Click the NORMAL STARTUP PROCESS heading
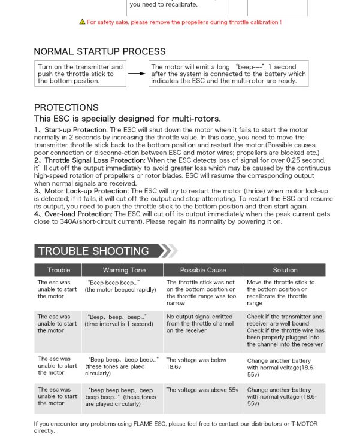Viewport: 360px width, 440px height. pyautogui.click(x=99, y=51)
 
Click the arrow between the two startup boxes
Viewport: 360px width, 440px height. pyautogui.click(x=137, y=74)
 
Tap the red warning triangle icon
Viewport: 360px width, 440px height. pyautogui.click(x=82, y=22)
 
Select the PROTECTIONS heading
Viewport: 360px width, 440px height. pyautogui.click(x=66, y=107)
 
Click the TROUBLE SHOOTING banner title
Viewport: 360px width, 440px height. pyautogui.click(x=93, y=251)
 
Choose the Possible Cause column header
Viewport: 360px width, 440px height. pyautogui.click(x=203, y=270)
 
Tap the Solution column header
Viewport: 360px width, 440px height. pyautogui.click(x=285, y=270)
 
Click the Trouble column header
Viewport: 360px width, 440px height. pyautogui.click(x=58, y=270)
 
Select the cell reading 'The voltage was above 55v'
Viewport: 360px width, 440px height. pyautogui.click(x=202, y=390)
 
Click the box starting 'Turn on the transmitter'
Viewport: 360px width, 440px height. pyautogui.click(x=80, y=74)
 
